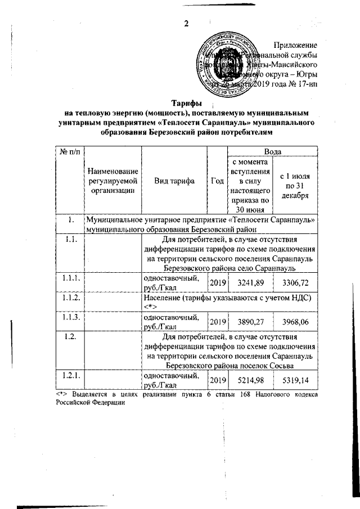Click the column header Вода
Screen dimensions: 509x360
[272, 151]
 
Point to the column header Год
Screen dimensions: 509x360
[217, 181]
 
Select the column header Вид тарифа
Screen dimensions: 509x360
[175, 181]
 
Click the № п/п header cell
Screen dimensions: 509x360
[69, 151]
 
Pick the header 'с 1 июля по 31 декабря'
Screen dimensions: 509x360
[296, 186]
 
